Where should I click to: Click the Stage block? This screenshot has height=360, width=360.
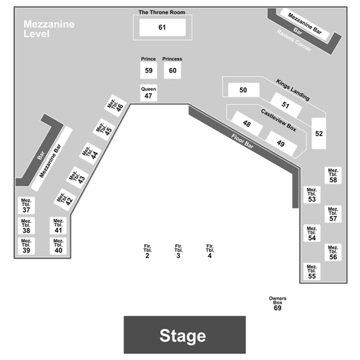(184, 335)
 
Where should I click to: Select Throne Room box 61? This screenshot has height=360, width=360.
(163, 27)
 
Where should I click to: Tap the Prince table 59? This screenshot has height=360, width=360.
(149, 70)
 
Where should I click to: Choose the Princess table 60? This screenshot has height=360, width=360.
(172, 70)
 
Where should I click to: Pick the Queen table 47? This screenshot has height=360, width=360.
(149, 93)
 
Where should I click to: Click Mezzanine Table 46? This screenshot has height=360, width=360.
(115, 106)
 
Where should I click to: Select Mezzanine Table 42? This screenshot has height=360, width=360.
(64, 200)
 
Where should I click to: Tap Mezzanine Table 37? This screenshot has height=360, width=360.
(27, 206)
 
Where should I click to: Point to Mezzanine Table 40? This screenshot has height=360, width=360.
(58, 246)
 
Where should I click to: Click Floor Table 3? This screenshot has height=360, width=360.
(178, 252)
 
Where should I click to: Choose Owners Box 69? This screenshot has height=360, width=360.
(278, 304)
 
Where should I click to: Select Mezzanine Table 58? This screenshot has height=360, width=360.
(333, 176)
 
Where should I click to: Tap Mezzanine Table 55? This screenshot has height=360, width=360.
(312, 272)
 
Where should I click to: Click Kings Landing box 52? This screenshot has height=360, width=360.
(319, 134)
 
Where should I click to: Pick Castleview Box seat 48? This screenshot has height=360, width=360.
(247, 123)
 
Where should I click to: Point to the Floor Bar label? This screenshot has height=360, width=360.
(243, 141)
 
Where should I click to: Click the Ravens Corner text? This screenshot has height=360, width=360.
(294, 40)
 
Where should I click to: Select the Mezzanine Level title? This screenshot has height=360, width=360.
(49, 29)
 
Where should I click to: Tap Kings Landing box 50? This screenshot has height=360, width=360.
(243, 90)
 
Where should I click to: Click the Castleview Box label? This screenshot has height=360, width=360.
(278, 120)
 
